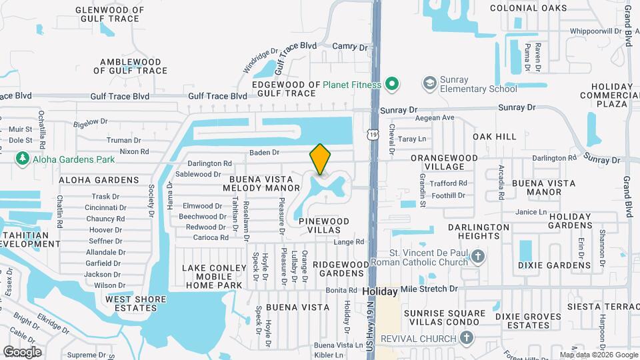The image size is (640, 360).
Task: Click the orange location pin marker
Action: tap(320, 159)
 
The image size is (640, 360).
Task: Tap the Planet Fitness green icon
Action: tap(393, 84)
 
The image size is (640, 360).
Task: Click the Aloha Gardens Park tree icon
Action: tap(23, 158)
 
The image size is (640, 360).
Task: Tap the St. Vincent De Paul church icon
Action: tap(477, 256)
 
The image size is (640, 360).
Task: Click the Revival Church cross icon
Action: tap(467, 337)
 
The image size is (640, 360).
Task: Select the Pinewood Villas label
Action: tap(324, 225)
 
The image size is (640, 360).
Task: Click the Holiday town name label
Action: tap(380, 291)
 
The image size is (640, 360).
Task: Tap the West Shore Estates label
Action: tap(131, 303)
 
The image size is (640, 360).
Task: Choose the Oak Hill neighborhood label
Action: tap(495, 137)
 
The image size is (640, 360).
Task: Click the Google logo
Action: tap(22, 352)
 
